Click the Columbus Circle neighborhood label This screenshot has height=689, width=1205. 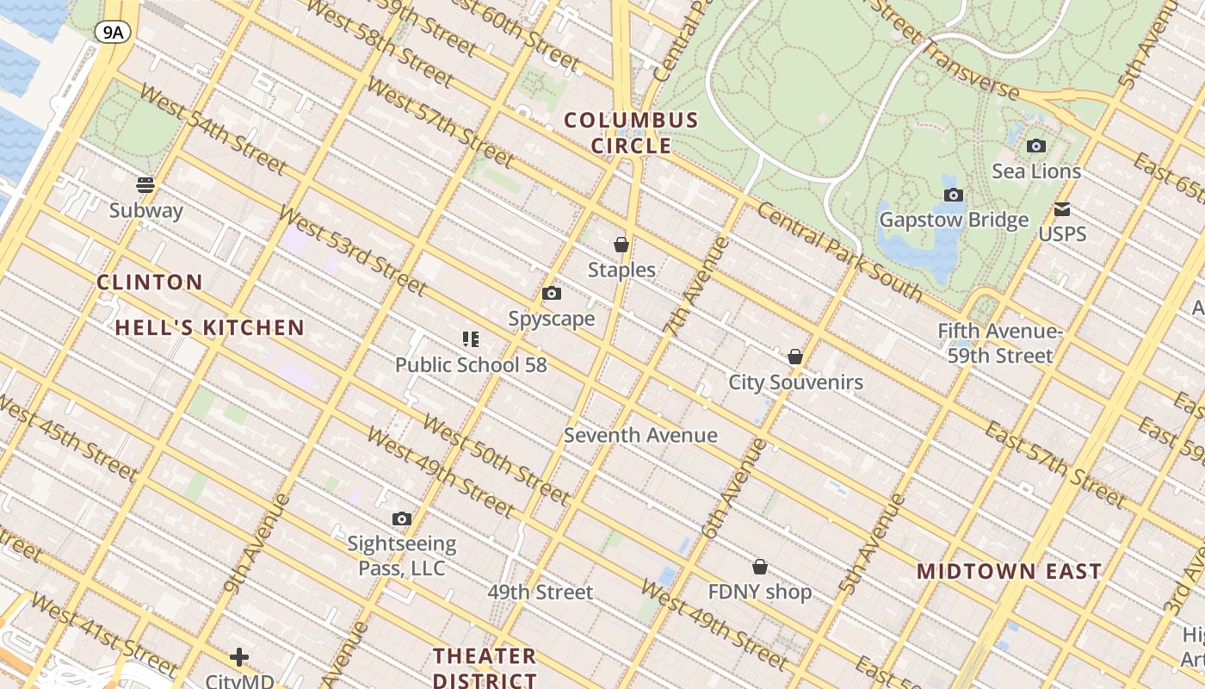click(631, 133)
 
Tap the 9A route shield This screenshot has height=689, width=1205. click(112, 33)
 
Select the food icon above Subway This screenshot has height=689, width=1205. click(145, 184)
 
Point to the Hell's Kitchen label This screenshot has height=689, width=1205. click(210, 327)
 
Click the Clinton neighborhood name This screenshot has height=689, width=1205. click(150, 282)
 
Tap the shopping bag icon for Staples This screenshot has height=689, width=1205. click(621, 245)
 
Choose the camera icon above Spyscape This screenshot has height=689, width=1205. click(552, 294)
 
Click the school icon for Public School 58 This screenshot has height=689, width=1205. click(470, 339)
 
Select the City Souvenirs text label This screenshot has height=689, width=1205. click(795, 382)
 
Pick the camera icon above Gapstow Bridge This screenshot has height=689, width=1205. click(953, 195)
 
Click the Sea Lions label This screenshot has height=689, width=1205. click(1036, 171)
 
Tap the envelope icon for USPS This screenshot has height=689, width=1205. click(1062, 209)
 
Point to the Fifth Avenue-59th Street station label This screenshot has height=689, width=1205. click(1000, 344)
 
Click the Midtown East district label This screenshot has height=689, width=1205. click(1009, 571)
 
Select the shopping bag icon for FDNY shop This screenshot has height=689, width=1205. click(760, 567)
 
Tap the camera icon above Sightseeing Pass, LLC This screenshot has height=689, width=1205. click(401, 518)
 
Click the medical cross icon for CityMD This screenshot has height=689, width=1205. click(239, 657)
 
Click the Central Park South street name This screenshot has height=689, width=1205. click(840, 252)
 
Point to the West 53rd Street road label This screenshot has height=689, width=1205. click(352, 250)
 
